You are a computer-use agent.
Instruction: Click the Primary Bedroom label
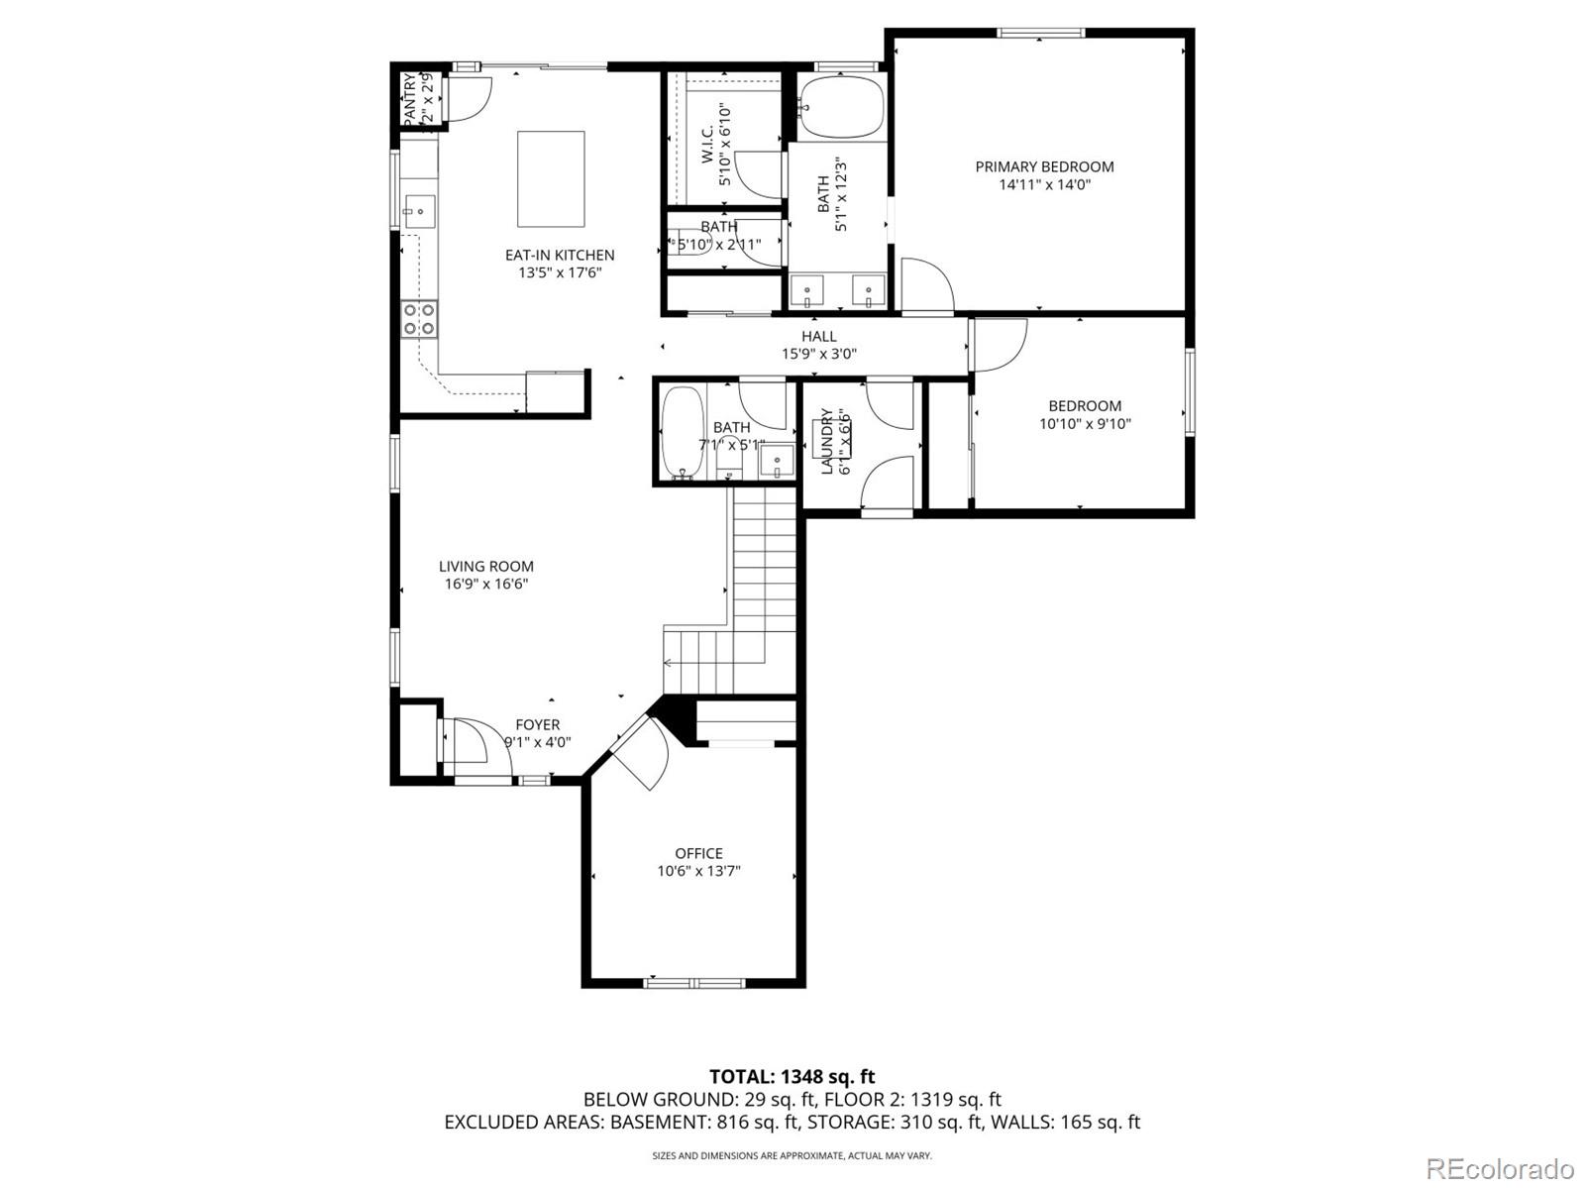click(1044, 166)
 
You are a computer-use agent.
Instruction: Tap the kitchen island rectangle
click(551, 179)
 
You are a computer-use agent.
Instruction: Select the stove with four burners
click(420, 319)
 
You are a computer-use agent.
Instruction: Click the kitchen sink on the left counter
click(419, 211)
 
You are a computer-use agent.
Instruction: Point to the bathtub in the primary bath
click(840, 107)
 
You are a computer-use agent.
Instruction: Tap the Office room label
click(698, 853)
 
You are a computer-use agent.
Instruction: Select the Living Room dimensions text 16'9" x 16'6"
click(485, 584)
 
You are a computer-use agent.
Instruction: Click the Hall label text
click(819, 336)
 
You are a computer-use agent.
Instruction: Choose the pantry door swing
click(467, 96)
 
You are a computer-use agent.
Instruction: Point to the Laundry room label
click(827, 442)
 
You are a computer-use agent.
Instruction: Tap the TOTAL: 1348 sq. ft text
click(792, 1076)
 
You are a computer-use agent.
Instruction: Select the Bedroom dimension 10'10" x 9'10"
click(1085, 423)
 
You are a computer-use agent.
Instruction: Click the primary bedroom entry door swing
click(927, 285)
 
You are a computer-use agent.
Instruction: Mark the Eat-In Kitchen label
click(560, 255)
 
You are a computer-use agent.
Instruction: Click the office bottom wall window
click(694, 983)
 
